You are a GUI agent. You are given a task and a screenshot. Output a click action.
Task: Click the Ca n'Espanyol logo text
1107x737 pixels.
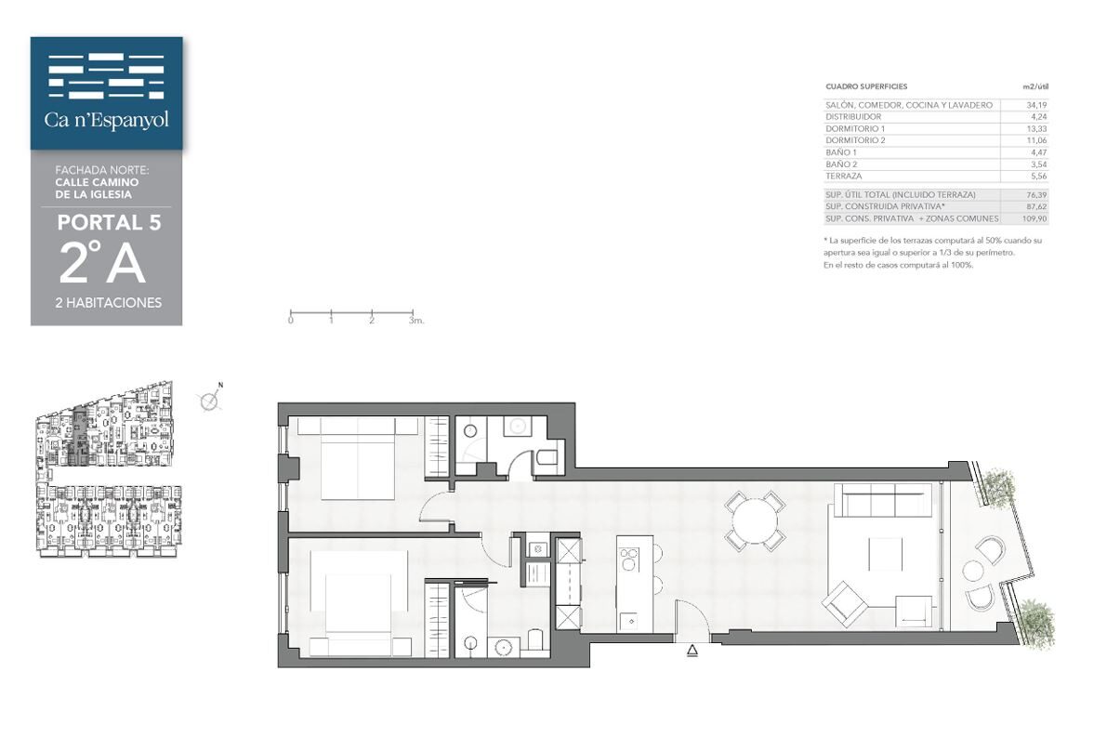click(107, 119)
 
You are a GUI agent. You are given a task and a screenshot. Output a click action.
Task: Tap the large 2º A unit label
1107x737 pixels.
click(102, 262)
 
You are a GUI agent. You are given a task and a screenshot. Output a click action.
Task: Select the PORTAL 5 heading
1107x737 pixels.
click(110, 222)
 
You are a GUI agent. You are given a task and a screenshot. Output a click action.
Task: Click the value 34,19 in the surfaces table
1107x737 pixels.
click(1036, 105)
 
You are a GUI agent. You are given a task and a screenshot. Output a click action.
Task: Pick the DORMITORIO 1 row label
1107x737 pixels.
click(855, 128)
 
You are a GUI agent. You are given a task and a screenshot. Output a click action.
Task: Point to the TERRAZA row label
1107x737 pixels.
click(844, 176)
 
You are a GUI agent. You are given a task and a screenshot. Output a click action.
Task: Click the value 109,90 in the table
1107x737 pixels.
click(1035, 218)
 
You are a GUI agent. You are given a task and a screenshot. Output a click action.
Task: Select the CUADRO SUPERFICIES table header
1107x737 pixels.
click(866, 86)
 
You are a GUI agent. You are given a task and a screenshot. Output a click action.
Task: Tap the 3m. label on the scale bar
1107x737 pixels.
click(415, 320)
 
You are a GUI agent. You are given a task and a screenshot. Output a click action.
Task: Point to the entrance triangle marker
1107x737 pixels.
click(692, 651)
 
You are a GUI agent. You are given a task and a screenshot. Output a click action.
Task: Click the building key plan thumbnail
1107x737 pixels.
click(106, 469)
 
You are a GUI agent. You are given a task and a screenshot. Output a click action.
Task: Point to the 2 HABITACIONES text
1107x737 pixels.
click(109, 302)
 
